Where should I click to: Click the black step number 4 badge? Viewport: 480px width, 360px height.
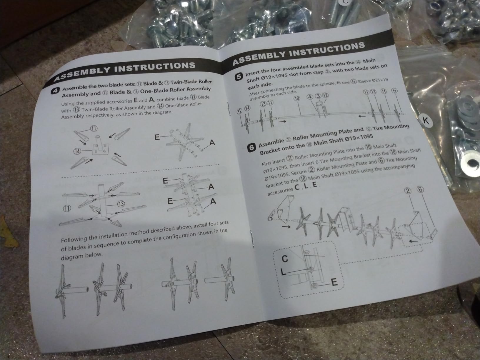tap(55, 91)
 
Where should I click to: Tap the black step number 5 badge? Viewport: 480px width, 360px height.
tap(239, 77)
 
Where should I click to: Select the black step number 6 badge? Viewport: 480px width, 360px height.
tap(252, 147)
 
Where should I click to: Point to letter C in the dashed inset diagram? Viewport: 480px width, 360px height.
tap(285, 259)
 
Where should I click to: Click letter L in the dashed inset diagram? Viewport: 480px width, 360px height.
tap(283, 272)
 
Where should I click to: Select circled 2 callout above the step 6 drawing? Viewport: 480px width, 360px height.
tap(408, 191)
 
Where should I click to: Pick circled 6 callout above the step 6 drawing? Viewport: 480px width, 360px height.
tap(420, 189)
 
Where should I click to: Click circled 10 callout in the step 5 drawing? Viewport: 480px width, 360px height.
tap(297, 99)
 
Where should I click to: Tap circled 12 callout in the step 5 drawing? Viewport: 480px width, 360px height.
tap(325, 95)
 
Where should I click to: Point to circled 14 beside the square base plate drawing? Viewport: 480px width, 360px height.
tap(77, 151)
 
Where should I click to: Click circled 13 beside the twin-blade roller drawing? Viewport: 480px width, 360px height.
tap(121, 204)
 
